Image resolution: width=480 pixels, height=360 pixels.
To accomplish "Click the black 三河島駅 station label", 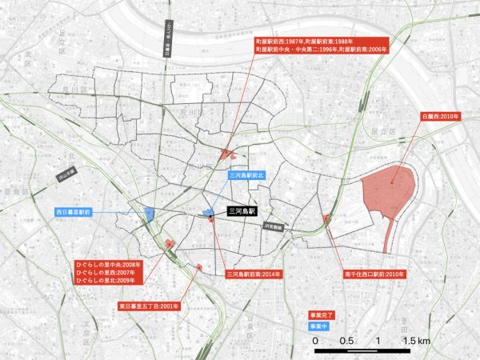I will click(241, 212).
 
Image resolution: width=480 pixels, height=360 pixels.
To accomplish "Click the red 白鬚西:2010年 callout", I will click(439, 116).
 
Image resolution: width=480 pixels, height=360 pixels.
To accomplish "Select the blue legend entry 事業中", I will click(324, 326).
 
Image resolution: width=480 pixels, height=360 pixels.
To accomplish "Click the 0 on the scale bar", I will click(315, 342).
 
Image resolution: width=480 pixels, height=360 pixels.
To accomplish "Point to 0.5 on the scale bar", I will click(346, 342).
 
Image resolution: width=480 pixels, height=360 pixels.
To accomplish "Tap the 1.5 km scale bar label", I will click(417, 342).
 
